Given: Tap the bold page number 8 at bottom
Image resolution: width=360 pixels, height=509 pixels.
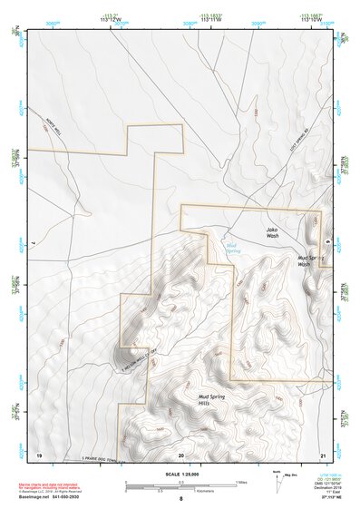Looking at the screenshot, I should pos(180,499).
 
